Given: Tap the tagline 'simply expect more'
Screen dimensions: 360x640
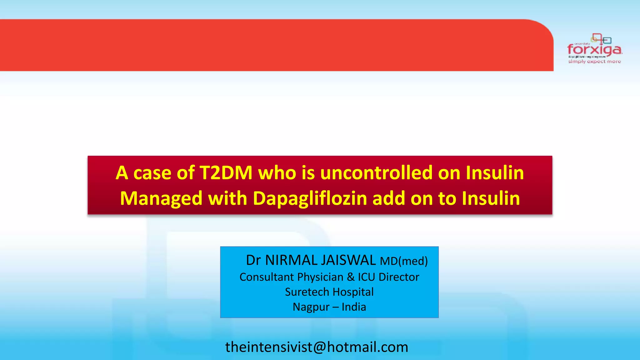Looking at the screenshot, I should tap(594, 62).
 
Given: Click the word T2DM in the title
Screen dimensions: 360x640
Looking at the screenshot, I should tap(226, 173).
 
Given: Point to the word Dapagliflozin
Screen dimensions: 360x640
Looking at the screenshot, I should tap(310, 198).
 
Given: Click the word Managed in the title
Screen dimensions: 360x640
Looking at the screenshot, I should tap(161, 198).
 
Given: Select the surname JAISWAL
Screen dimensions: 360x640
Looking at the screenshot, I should tap(348, 260).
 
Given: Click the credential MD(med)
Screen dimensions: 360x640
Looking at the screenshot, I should tap(403, 261).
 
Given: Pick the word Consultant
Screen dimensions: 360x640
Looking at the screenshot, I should tap(267, 277).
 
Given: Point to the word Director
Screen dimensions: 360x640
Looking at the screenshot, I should tap(399, 277).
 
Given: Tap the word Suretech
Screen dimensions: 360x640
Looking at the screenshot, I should tap(307, 292).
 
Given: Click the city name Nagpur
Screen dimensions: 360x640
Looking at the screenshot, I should tap(311, 307).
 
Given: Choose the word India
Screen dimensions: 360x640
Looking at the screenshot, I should tap(354, 307).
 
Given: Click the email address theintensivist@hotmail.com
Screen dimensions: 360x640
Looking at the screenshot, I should tap(317, 347).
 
